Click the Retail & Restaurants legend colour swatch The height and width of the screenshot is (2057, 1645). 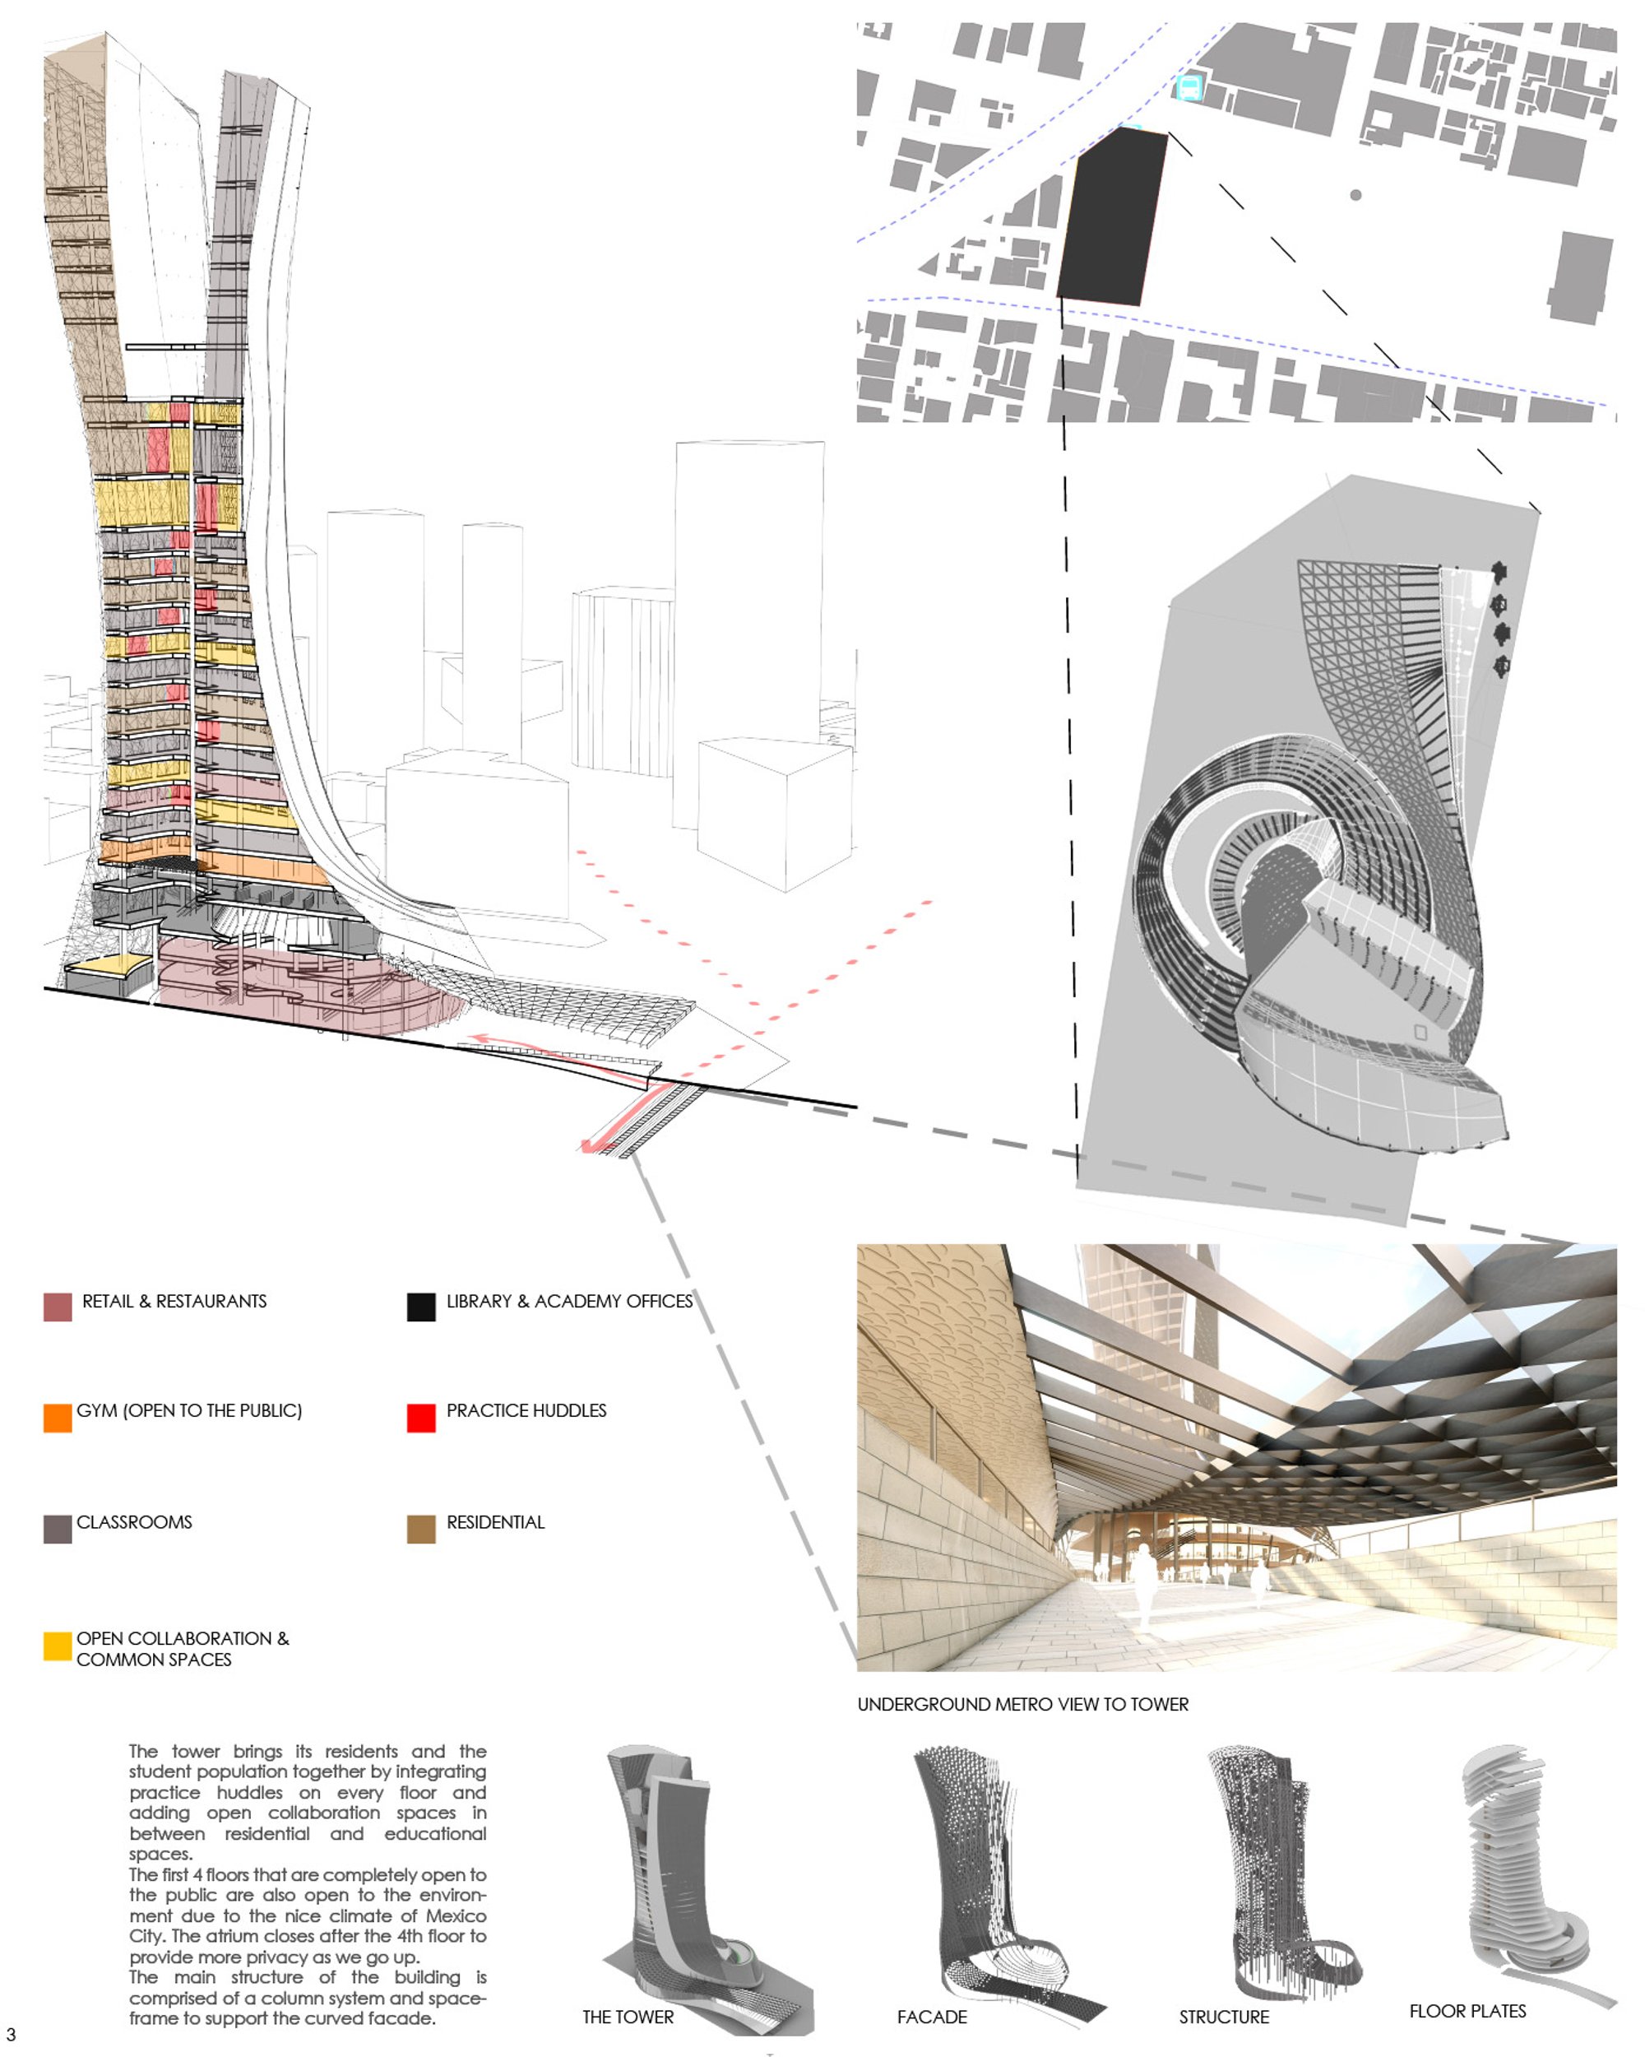58,1306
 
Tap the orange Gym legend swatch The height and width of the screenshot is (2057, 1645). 58,1417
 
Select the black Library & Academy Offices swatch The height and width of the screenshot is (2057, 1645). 420,1306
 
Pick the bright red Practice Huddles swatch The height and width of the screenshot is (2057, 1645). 420,1417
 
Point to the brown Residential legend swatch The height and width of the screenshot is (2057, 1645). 420,1529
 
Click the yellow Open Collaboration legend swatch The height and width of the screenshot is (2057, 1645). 58,1646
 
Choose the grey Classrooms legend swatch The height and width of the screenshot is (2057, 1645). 58,1529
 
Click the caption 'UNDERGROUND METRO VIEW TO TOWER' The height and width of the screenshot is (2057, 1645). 1022,1704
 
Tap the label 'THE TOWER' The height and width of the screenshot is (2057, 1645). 628,2017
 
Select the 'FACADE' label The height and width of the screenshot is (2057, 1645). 932,2017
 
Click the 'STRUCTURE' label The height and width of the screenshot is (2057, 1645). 1224,2017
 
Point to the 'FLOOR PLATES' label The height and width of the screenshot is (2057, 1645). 1467,2011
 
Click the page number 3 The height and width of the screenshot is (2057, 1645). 11,2035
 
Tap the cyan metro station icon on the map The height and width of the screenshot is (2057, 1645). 1189,88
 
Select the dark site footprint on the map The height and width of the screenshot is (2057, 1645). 1112,217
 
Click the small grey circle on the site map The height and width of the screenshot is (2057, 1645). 1355,195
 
